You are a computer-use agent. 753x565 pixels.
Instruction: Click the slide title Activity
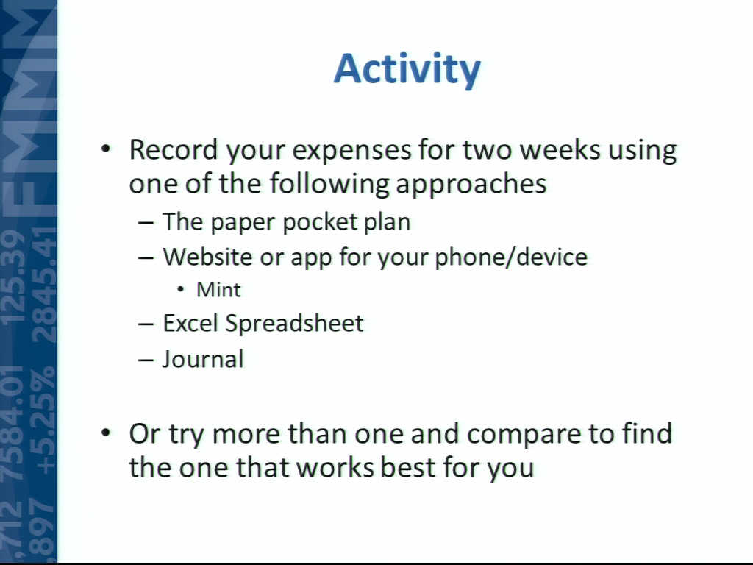[407, 69]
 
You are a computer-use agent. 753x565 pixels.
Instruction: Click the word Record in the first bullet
[174, 149]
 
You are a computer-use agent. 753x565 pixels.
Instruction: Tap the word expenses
[352, 152]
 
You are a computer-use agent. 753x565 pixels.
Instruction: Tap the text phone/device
[511, 257]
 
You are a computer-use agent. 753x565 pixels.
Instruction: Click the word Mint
[218, 290]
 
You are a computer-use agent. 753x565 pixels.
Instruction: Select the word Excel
[190, 323]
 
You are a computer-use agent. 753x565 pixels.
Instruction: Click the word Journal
[203, 359]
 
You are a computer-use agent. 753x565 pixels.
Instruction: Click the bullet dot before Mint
[181, 290]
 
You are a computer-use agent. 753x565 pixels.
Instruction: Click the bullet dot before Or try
[106, 433]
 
